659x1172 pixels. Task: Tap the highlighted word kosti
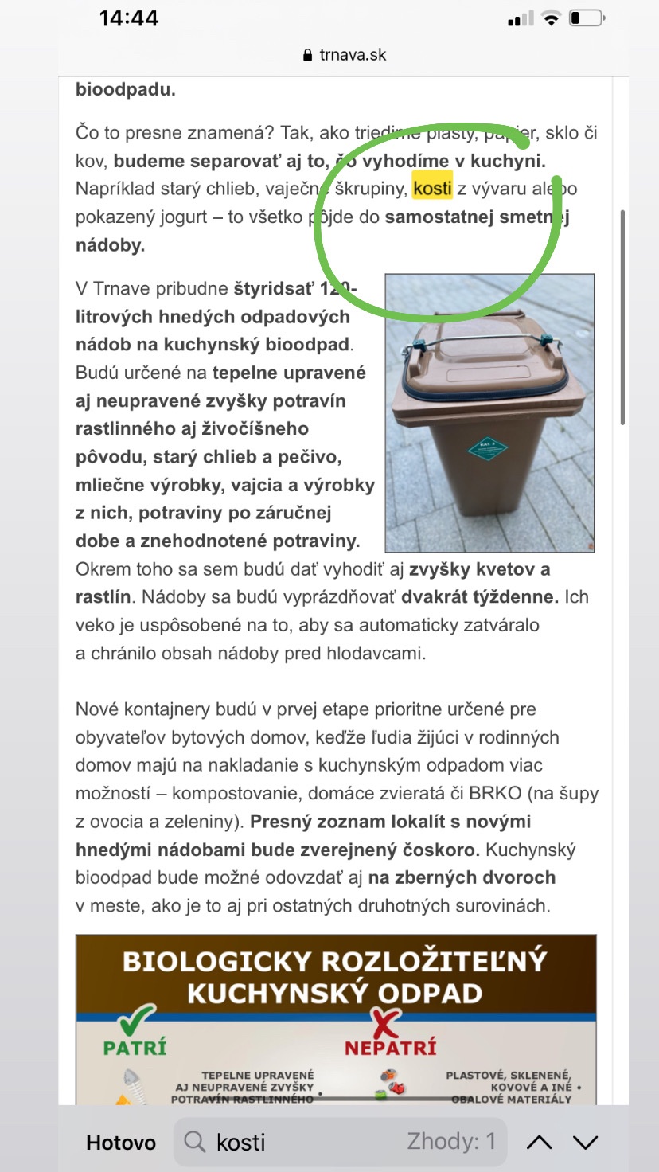pos(432,189)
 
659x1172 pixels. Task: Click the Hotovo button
pos(121,1143)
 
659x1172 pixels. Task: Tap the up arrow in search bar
pos(539,1143)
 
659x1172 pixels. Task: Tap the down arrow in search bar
pos(585,1143)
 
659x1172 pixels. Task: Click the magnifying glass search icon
pos(195,1143)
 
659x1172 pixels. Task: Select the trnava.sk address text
pos(353,55)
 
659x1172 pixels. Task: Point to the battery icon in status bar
pos(587,18)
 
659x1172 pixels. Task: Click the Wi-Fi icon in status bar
pos(550,18)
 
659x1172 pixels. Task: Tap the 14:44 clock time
pos(129,18)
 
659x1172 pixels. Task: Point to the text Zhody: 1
pos(451,1142)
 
